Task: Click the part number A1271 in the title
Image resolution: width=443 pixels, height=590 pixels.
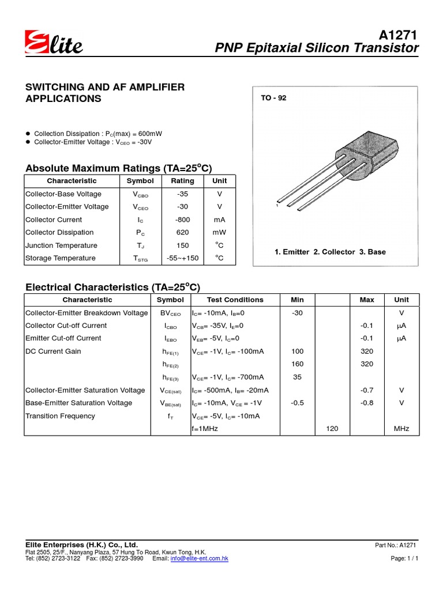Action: (x=397, y=34)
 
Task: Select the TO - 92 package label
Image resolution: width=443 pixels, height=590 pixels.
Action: (x=273, y=98)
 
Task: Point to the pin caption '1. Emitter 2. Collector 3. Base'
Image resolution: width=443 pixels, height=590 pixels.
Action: (x=331, y=252)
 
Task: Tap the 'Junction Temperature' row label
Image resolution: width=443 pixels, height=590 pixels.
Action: (x=61, y=245)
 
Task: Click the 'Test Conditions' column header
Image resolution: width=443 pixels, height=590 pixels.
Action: (x=235, y=300)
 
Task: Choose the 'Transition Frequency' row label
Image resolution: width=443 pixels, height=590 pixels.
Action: (x=60, y=416)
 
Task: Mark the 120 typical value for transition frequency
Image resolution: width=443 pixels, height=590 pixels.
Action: (x=332, y=429)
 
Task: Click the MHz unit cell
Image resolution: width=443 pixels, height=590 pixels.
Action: (x=401, y=429)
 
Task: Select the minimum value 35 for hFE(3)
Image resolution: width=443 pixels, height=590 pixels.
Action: (x=298, y=377)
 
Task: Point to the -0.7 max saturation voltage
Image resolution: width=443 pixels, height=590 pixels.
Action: (x=367, y=390)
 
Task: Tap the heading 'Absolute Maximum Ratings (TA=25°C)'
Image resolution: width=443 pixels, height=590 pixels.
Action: (x=119, y=168)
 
